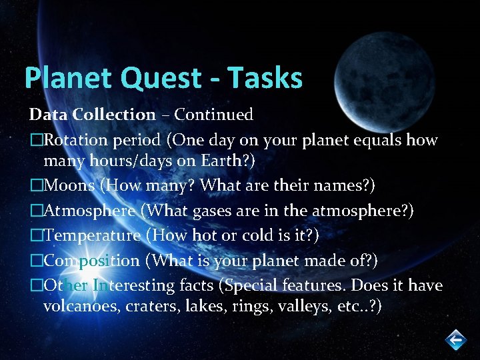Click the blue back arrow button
(x=455, y=340)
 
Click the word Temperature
(x=92, y=235)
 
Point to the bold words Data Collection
(x=91, y=115)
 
